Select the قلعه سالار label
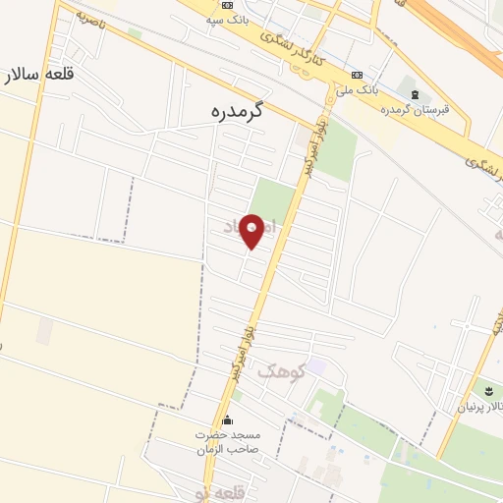(x=38, y=75)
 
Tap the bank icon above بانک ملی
(x=357, y=76)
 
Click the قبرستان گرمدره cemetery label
(x=417, y=109)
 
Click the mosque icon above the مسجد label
(x=228, y=420)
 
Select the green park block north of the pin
(x=275, y=196)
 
